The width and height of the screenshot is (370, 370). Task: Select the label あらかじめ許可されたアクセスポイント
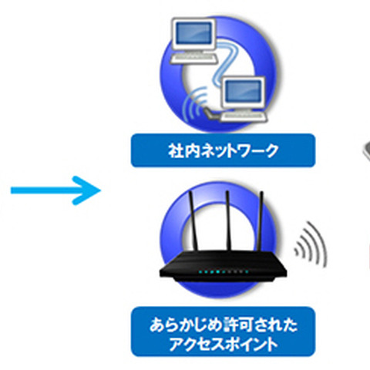[223, 332]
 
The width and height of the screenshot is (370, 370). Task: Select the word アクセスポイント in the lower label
[223, 343]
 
